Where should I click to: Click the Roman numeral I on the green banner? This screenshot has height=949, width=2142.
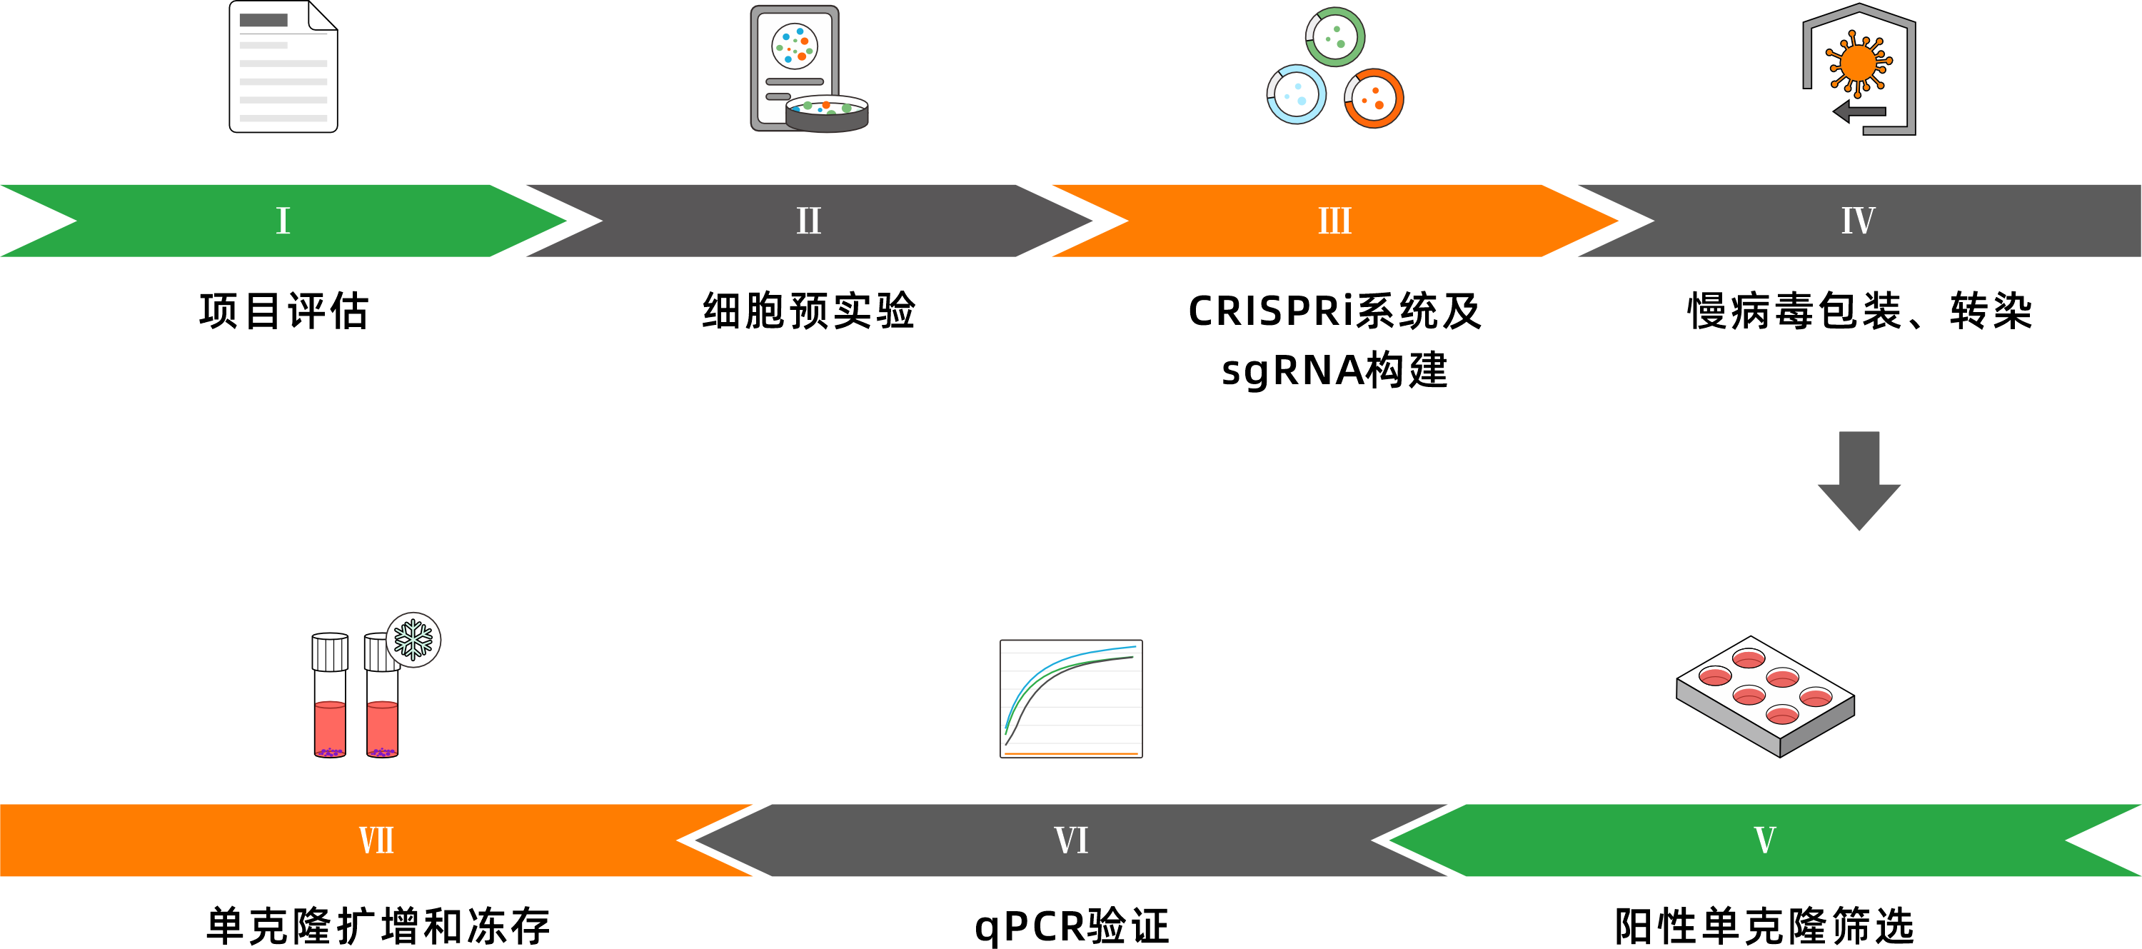[x=283, y=221]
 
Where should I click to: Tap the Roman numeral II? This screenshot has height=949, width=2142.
[x=808, y=221]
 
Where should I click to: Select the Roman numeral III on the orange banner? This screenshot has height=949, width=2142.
[x=1334, y=221]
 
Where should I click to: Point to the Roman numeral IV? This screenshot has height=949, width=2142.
[x=1858, y=221]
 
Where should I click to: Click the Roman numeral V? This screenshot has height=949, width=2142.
[x=1764, y=840]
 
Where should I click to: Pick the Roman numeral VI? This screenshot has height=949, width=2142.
[x=1071, y=840]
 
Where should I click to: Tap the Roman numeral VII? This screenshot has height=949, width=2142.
[x=376, y=840]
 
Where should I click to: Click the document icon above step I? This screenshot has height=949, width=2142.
[x=283, y=67]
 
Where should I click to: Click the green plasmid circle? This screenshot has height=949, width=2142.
[x=1334, y=36]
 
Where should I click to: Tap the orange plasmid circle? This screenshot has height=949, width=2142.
[x=1374, y=98]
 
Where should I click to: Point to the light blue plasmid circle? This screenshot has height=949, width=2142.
[x=1295, y=94]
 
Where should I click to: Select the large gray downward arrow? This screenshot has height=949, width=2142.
[x=1859, y=480]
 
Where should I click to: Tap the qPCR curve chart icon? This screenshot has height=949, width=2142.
[x=1071, y=698]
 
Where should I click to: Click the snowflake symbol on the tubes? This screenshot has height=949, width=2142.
[x=413, y=640]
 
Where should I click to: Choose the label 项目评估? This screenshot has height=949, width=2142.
[x=283, y=311]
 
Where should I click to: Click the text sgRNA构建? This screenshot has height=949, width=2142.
[x=1334, y=370]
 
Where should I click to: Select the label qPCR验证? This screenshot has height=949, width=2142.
[x=1072, y=925]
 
